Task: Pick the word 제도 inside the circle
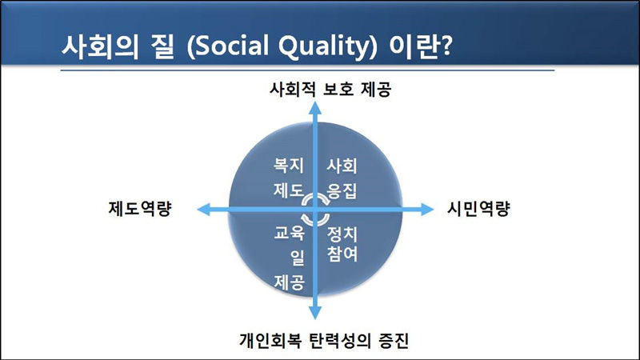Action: (286, 192)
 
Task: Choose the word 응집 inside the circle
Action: (342, 192)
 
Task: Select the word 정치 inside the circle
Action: (342, 234)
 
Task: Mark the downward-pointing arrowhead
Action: (317, 314)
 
